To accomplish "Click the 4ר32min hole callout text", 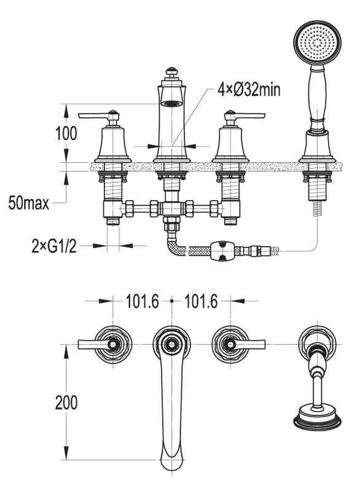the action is [x=249, y=90].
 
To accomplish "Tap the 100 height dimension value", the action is [x=66, y=133].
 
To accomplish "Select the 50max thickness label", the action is [x=28, y=203].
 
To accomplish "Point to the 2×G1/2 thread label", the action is [x=54, y=246].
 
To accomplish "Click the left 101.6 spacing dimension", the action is [x=143, y=301].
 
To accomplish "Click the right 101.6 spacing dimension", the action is [x=201, y=301].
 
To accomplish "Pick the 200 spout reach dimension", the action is [x=66, y=403].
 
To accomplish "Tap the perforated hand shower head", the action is [x=317, y=43].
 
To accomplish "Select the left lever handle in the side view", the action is [x=99, y=116].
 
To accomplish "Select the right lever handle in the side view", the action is [x=245, y=116].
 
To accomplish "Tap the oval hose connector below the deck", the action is [x=223, y=251].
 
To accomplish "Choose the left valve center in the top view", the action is [x=113, y=345].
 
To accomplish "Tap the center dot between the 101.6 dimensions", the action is [x=171, y=301].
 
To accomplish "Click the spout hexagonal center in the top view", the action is [x=171, y=344].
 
